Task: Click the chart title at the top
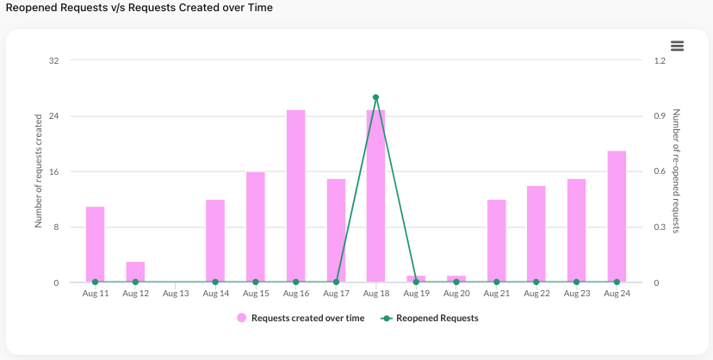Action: [139, 8]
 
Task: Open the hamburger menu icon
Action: [677, 46]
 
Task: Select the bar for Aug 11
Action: [95, 245]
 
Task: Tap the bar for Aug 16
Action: [296, 196]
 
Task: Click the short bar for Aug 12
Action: [135, 271]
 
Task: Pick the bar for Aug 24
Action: [617, 216]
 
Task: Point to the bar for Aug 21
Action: [496, 240]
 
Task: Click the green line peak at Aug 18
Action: [376, 97]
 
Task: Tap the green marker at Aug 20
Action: [456, 282]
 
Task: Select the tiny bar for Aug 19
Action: [416, 278]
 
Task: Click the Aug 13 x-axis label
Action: [176, 294]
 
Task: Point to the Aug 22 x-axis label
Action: [536, 294]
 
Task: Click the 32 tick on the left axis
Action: [53, 61]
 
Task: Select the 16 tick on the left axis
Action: [53, 171]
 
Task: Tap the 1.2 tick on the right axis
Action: [660, 61]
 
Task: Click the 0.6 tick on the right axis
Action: [660, 171]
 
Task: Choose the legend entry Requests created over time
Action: [301, 318]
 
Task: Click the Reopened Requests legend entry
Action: [431, 318]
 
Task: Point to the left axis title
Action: [39, 172]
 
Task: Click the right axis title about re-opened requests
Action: [677, 171]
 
